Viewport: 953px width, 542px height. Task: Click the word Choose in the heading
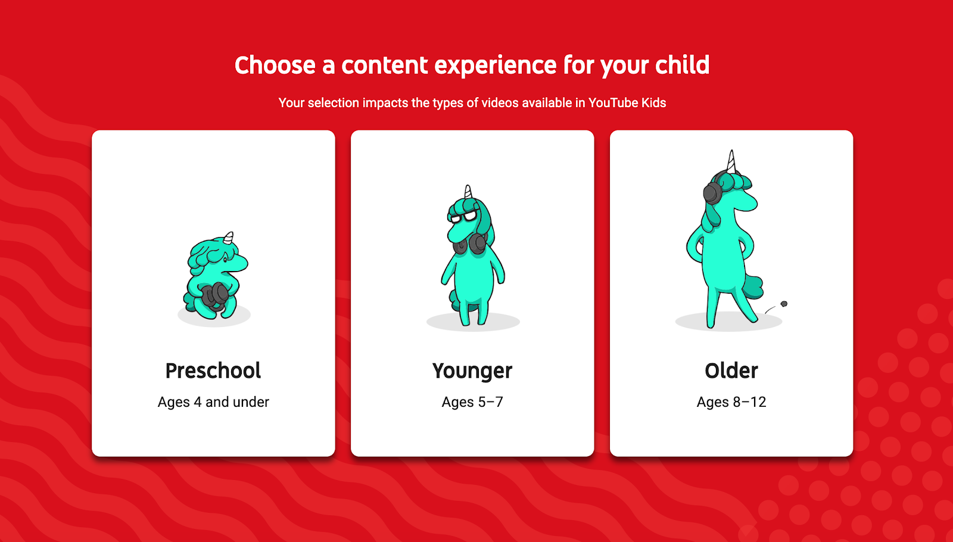coord(275,65)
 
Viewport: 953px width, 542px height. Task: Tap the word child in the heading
coord(682,65)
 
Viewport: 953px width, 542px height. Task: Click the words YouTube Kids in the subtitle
coord(627,103)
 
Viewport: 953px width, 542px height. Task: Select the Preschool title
coord(213,370)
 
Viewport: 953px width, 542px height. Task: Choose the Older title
coord(731,370)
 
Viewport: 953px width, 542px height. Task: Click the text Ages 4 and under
coord(213,402)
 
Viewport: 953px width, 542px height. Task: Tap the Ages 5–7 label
coord(472,402)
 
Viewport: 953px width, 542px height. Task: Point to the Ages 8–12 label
coord(731,402)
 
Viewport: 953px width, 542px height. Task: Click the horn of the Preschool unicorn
coord(229,238)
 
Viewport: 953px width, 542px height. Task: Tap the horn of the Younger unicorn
coord(468,192)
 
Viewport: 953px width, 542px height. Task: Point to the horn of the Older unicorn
coord(731,161)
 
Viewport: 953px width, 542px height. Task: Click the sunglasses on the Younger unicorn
coord(462,217)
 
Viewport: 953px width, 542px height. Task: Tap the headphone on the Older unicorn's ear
coord(712,190)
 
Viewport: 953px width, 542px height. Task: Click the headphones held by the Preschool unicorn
coord(215,295)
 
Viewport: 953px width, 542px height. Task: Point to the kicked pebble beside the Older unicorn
coord(784,304)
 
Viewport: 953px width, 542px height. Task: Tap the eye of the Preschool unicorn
coord(225,260)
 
